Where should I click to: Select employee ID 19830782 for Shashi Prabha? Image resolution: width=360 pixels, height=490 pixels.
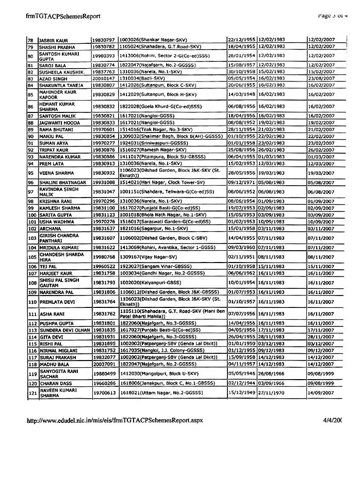104,46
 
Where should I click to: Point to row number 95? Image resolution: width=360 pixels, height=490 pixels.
31,173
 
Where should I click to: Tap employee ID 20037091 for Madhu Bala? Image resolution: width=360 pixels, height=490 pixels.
104,364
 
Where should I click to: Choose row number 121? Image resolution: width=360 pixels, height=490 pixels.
31,393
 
